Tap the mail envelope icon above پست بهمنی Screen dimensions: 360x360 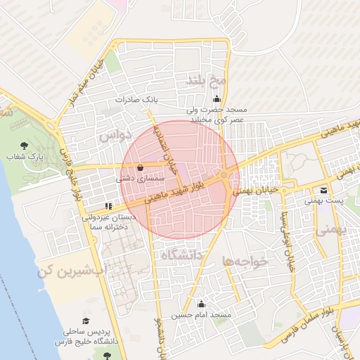[x=323, y=190]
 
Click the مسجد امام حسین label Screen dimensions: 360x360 [x=205, y=315]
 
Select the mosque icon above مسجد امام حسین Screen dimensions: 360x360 [x=202, y=304]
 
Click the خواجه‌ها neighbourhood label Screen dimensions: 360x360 [x=246, y=261]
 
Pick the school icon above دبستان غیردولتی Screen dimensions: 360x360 [x=108, y=207]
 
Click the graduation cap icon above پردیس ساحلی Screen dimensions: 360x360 [x=86, y=320]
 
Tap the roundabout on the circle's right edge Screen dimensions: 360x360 [x=224, y=175]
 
